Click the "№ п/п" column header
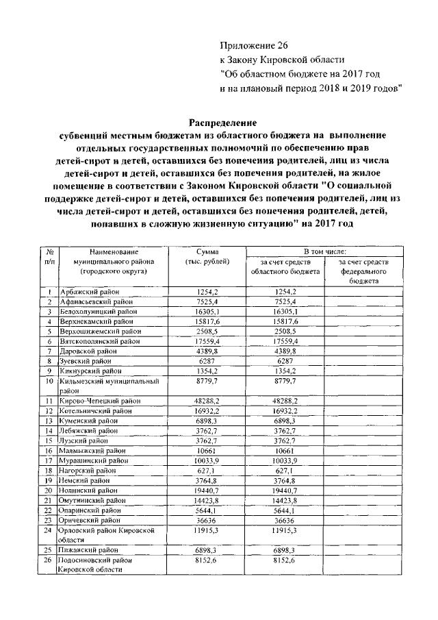(x=50, y=258)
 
